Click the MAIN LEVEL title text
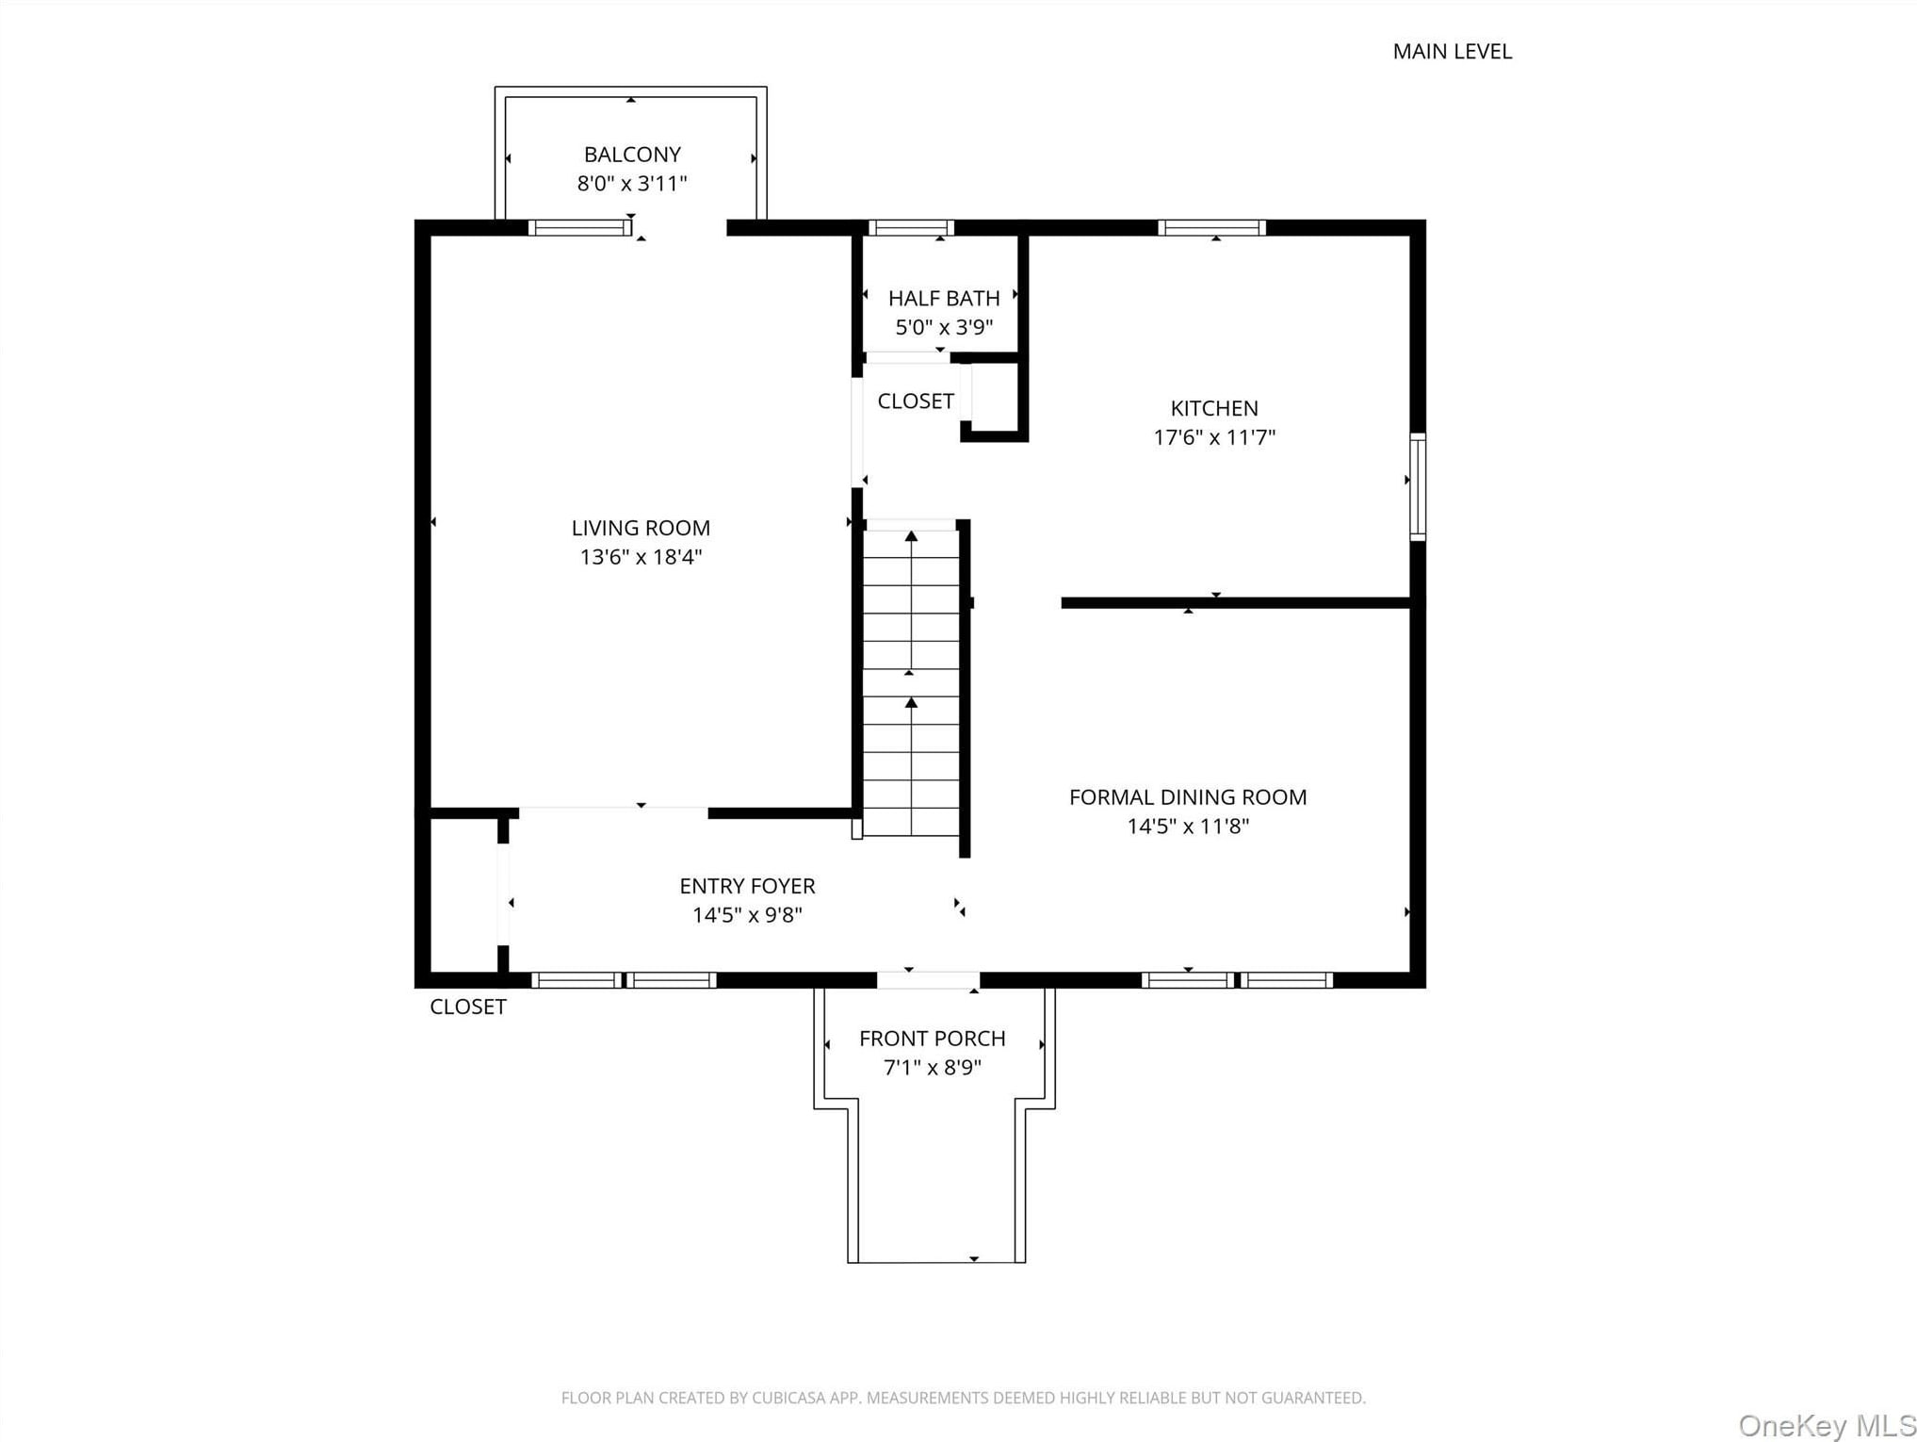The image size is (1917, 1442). [1452, 52]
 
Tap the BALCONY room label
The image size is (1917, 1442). [632, 155]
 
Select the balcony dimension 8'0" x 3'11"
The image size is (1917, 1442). [632, 184]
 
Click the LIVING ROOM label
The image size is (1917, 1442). [641, 528]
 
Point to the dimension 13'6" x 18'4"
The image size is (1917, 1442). [641, 557]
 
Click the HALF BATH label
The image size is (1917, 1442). [944, 299]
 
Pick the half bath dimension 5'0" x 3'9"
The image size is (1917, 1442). [944, 327]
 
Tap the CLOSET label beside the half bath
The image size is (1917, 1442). [916, 401]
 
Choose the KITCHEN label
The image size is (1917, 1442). [1214, 408]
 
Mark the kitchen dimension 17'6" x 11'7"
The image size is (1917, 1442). [1214, 437]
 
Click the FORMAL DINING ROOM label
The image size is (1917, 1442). [1188, 797]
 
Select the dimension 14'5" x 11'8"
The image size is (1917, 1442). [1188, 827]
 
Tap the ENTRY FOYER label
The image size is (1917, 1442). [747, 886]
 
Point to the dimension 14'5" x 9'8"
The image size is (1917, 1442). [747, 915]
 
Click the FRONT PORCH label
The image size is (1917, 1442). [932, 1039]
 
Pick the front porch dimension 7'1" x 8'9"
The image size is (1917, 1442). [932, 1068]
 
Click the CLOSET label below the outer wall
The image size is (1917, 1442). [468, 1007]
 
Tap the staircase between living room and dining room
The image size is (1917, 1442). [911, 679]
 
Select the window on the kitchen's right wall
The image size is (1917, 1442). [1418, 486]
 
